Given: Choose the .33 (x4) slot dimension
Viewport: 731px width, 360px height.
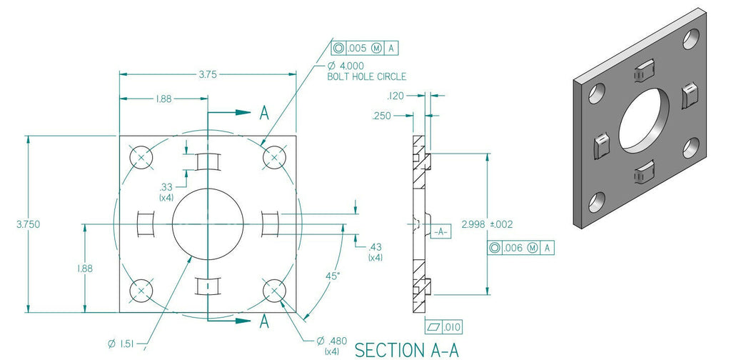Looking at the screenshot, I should point(166,191).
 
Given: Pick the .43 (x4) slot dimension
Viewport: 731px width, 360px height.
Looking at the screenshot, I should point(375,251).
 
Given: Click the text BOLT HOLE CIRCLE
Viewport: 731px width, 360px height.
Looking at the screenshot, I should point(366,76).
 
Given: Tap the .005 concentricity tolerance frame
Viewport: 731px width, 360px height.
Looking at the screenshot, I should point(363,49).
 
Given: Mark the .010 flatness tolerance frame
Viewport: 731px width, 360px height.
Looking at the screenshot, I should point(444,327).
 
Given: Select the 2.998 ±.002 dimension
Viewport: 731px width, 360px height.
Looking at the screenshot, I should point(487,224).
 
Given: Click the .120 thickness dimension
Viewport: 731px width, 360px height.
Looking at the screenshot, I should point(395,95).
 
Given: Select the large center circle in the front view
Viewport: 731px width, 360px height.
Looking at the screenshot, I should point(207,224).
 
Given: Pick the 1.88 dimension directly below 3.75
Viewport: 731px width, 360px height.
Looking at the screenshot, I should point(163,99).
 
